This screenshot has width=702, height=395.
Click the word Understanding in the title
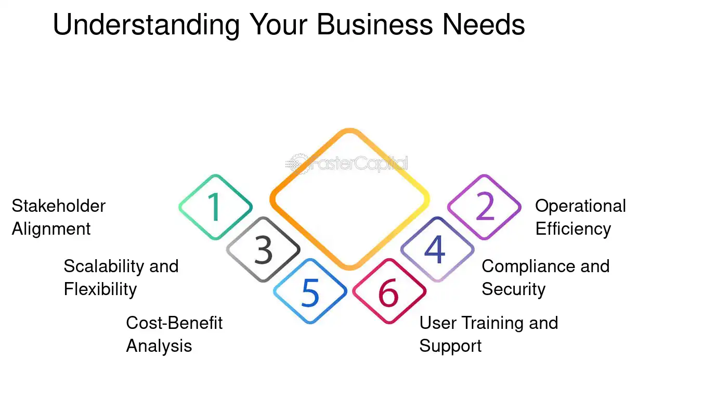point(146,26)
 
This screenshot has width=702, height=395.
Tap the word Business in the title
point(375,24)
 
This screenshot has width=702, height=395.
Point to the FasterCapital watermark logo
point(347,163)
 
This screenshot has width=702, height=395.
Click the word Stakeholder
point(59,206)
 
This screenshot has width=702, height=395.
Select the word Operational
point(580,207)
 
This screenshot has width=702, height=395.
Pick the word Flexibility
point(100,289)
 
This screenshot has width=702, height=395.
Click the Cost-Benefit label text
point(174,323)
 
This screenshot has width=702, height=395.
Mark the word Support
point(450,347)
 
